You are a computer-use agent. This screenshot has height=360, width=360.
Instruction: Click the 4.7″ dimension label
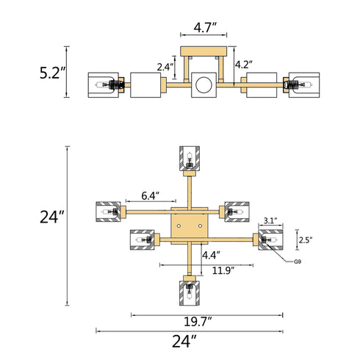point(205,27)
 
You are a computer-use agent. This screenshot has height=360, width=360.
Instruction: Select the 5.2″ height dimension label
point(53,73)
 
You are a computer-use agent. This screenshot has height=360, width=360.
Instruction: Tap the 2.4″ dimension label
point(165,67)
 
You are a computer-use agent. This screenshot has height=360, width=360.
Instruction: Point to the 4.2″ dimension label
point(244,65)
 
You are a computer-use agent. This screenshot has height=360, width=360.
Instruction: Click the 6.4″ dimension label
point(151,195)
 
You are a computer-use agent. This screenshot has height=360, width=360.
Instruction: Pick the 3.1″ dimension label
point(270,221)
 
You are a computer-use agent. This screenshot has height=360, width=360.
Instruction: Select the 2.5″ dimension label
point(306,240)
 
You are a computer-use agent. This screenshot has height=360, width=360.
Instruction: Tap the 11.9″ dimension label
point(223,270)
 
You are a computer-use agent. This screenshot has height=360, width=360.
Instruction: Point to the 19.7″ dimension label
point(198,322)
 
